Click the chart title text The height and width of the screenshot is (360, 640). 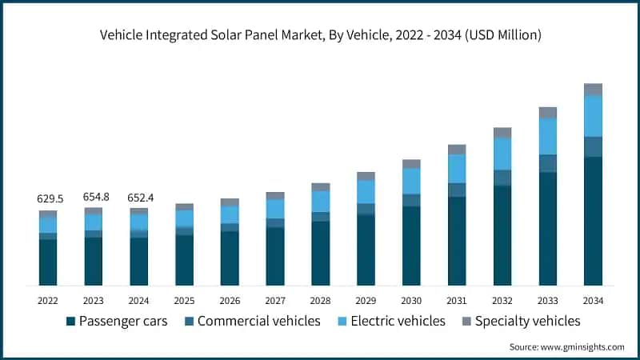[320, 34]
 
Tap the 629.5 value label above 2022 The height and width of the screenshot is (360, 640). [48, 198]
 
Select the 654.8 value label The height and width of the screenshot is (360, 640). [94, 196]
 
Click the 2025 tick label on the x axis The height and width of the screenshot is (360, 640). [184, 301]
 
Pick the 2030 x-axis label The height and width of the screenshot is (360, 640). [411, 301]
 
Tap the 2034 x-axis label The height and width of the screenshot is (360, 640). [593, 301]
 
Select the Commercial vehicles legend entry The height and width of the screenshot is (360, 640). [251, 321]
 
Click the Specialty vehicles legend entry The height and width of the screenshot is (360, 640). [519, 321]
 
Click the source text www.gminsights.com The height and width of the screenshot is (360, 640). [566, 346]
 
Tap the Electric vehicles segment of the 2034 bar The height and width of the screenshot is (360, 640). [593, 116]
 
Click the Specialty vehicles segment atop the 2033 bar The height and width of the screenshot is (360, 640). [547, 113]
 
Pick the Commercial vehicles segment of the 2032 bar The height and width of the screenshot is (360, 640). [502, 178]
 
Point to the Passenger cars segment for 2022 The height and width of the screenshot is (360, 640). [48, 262]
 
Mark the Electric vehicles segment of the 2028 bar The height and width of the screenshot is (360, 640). [321, 201]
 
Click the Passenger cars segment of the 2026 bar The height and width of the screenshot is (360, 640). [230, 258]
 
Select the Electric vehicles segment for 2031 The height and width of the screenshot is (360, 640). [457, 168]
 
